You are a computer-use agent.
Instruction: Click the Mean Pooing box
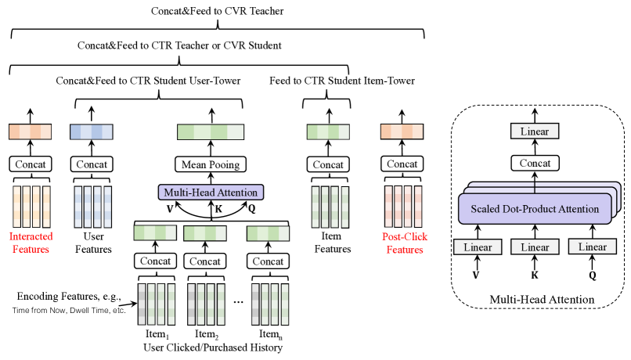point(211,164)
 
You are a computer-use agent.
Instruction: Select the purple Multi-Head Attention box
point(211,193)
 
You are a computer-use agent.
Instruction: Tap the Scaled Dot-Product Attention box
point(535,209)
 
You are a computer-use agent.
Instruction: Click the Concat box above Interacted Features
point(31,164)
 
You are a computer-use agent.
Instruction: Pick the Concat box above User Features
point(92,164)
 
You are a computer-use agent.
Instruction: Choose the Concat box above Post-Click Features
point(402,164)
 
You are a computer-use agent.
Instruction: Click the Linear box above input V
point(478,247)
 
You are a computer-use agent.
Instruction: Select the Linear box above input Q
point(593,247)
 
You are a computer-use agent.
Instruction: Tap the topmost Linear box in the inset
point(535,131)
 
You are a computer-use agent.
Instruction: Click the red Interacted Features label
point(31,243)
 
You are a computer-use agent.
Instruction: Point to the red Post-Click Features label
point(405,243)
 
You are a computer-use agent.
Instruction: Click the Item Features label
point(333,243)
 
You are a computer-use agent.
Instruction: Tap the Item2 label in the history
point(207,334)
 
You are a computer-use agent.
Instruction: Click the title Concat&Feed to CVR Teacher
point(218,11)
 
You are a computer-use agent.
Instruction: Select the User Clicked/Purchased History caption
point(213,347)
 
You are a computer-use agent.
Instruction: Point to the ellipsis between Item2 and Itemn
point(238,301)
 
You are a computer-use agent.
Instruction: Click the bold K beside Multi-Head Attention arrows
point(218,209)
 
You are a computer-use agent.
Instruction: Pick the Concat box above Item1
point(155,261)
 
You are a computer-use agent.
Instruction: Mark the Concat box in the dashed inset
point(535,163)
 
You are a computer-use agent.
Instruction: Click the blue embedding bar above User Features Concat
point(92,132)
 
